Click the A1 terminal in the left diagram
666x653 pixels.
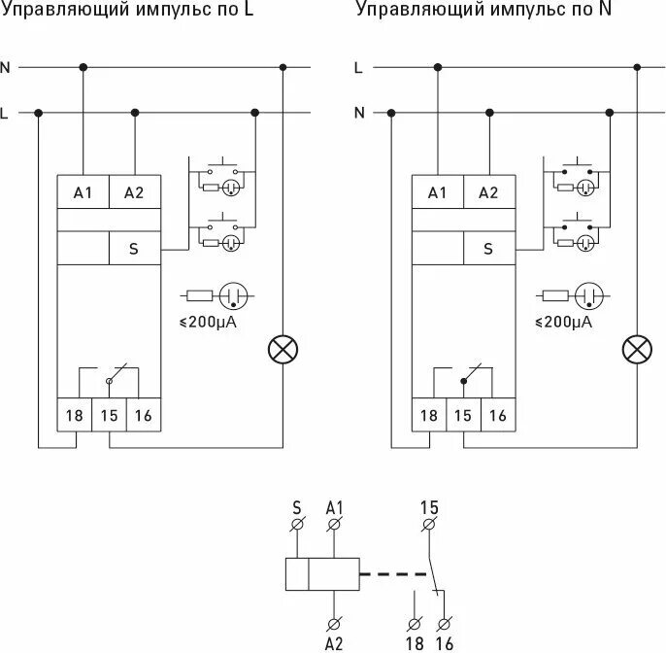click(83, 192)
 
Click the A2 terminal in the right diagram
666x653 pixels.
click(488, 192)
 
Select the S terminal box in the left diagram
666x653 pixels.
click(134, 249)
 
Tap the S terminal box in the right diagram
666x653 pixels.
click(488, 249)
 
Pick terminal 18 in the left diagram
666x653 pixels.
click(74, 415)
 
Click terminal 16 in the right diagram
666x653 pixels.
click(497, 415)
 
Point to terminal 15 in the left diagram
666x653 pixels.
click(109, 415)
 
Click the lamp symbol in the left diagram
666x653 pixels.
click(283, 350)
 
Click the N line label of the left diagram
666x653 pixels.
click(6, 67)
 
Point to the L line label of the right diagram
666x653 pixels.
click(359, 67)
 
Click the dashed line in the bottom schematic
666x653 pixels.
click(392, 574)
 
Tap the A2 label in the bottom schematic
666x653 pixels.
click(334, 642)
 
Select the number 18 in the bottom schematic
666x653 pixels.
click(415, 642)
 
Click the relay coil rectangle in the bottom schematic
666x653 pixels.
click(322, 574)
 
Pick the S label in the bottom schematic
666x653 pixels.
click(297, 507)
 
